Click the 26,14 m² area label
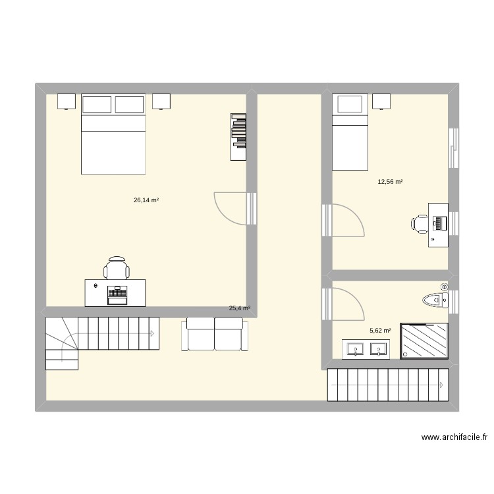point(146,200)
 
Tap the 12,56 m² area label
point(389,182)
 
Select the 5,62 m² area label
point(380,331)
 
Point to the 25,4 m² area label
point(239,308)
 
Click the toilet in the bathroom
point(435,300)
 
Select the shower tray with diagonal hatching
point(425,341)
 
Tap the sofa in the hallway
point(214,334)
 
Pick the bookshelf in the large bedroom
point(238,136)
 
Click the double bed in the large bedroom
point(113,135)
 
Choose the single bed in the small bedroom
point(349,132)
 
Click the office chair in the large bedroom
point(117,268)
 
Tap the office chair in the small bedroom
point(420,223)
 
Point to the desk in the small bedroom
point(438,224)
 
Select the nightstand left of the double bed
point(67,101)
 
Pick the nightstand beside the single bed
point(381,101)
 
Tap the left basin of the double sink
point(356,349)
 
